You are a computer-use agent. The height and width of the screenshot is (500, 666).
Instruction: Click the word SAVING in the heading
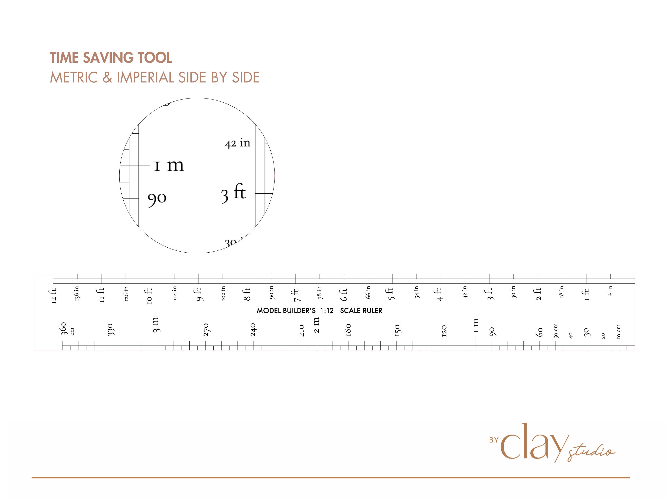(108, 58)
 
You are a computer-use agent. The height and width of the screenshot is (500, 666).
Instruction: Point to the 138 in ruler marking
(77, 293)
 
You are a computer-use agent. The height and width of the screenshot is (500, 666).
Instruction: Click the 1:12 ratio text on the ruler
(327, 311)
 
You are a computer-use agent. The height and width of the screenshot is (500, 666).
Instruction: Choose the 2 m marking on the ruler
(316, 325)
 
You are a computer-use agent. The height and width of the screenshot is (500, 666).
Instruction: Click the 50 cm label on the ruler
(555, 331)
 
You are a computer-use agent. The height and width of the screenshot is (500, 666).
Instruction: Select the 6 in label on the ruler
(610, 291)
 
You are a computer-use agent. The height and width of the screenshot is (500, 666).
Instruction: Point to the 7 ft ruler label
(296, 295)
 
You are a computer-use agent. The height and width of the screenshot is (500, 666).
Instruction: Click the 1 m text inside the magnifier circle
(169, 165)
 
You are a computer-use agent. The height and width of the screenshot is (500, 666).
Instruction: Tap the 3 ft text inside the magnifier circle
(233, 193)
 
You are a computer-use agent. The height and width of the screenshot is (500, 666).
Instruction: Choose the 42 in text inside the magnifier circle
(238, 143)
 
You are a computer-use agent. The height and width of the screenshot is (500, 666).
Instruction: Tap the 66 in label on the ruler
(368, 292)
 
